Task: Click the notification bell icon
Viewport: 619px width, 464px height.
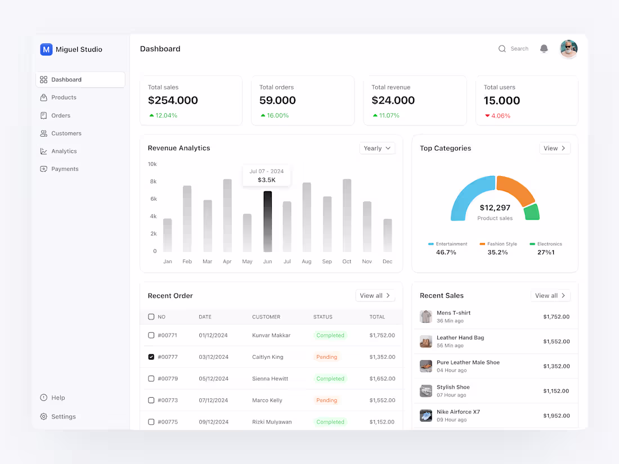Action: pyautogui.click(x=544, y=49)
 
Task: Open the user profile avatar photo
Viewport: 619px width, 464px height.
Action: pyautogui.click(x=568, y=49)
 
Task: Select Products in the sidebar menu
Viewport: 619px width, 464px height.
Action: pyautogui.click(x=64, y=97)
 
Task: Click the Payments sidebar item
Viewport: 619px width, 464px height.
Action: pyautogui.click(x=65, y=169)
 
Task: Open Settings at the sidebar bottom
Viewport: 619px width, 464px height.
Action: pyautogui.click(x=63, y=417)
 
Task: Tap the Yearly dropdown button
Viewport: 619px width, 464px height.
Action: pyautogui.click(x=377, y=148)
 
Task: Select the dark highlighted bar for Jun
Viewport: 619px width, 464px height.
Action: pyautogui.click(x=267, y=222)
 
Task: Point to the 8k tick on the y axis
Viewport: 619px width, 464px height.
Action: pyautogui.click(x=153, y=182)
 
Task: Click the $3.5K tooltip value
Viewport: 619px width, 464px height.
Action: pyautogui.click(x=267, y=180)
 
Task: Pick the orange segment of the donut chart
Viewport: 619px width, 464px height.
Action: pyautogui.click(x=514, y=190)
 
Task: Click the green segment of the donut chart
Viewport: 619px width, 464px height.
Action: pyautogui.click(x=531, y=212)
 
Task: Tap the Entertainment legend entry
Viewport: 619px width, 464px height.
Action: pyautogui.click(x=448, y=244)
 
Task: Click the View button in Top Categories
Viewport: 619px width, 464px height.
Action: pyautogui.click(x=554, y=148)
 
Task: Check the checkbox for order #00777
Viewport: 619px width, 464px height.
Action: pyautogui.click(x=151, y=357)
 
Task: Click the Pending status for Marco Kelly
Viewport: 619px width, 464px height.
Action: pyautogui.click(x=326, y=400)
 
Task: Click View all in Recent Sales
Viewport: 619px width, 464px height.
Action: pyautogui.click(x=550, y=296)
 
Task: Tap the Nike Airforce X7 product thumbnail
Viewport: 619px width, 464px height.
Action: pyautogui.click(x=426, y=416)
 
